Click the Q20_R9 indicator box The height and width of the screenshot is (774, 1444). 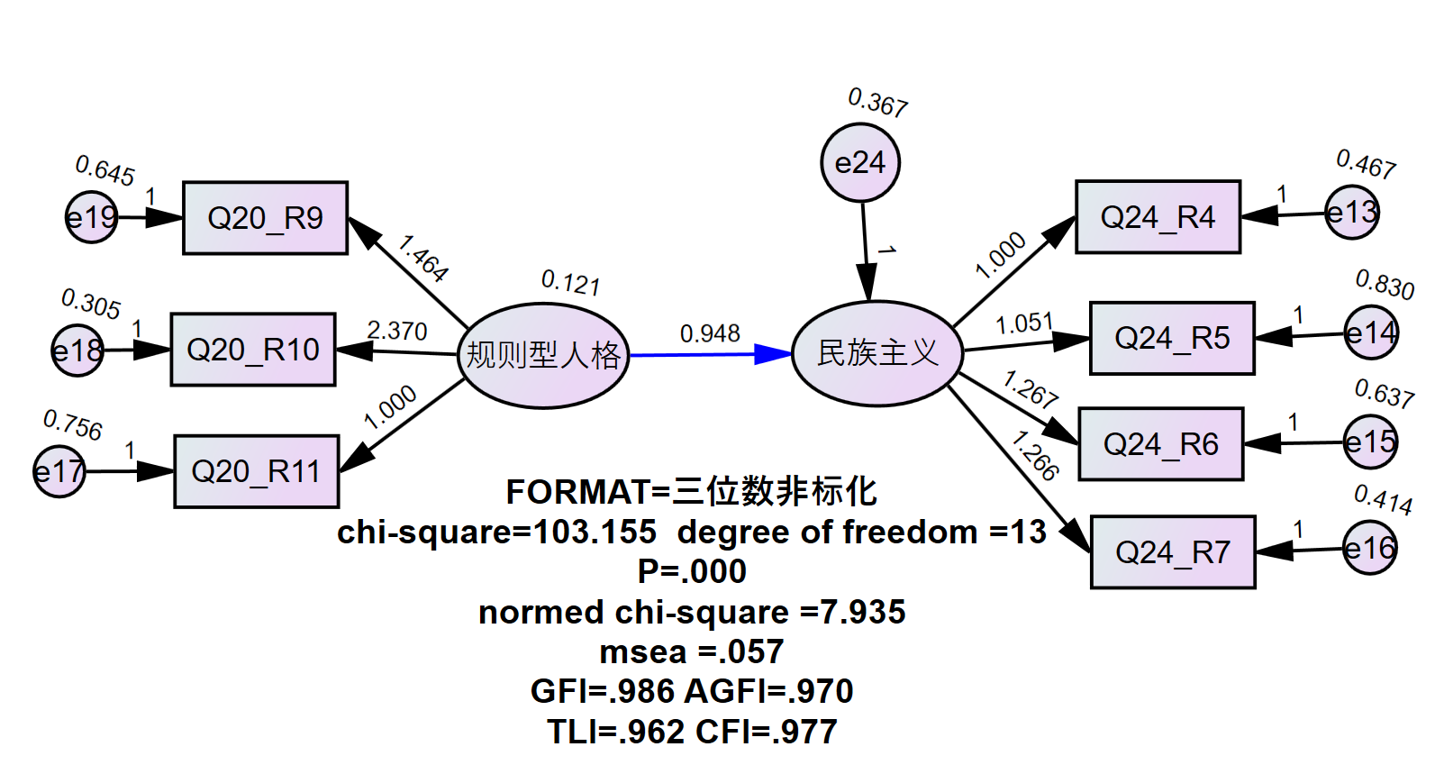coord(265,218)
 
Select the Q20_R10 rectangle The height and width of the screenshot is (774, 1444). coord(253,350)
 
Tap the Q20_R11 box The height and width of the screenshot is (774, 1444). coord(256,471)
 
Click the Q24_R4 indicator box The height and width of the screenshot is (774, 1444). coord(1158,217)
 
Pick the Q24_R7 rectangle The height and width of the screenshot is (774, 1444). coord(1173,552)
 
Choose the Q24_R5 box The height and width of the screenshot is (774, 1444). coord(1172,338)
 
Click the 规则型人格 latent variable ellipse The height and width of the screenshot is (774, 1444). coord(543,355)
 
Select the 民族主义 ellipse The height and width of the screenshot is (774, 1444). coord(877,353)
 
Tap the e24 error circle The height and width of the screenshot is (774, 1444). coord(860,163)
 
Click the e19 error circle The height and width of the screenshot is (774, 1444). coord(92,217)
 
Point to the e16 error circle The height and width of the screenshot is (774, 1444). coord(1370,548)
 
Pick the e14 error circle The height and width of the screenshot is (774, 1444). coord(1371,333)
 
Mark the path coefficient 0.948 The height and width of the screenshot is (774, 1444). coord(710,333)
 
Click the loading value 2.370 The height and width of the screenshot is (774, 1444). coord(397,331)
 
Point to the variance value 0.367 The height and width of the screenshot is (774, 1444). coord(878,103)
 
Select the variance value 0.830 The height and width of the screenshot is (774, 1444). coord(1385,285)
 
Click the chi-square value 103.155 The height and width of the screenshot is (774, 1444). coord(595,533)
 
